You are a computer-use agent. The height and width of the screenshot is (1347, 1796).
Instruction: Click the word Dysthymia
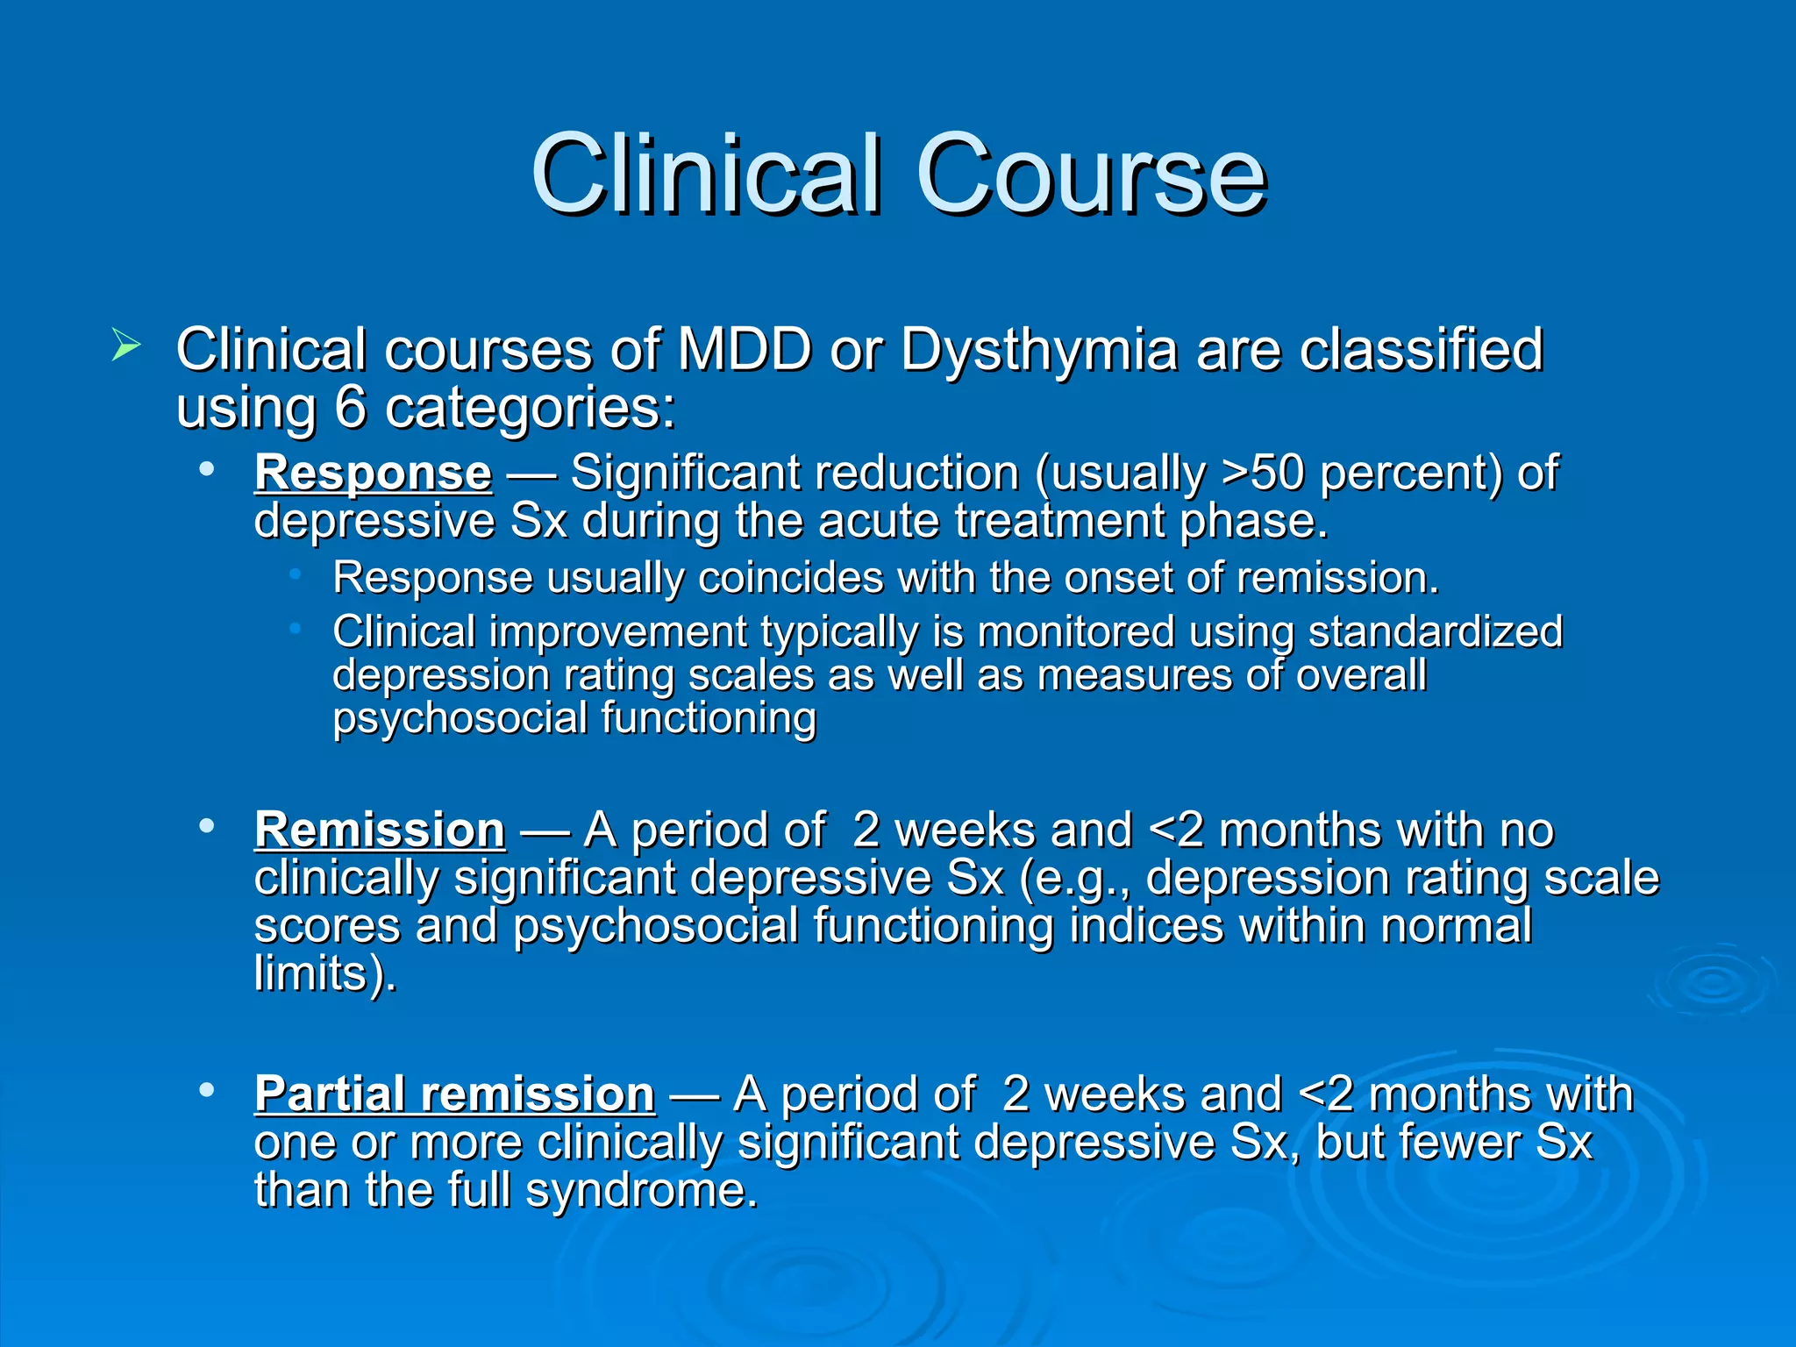click(1039, 351)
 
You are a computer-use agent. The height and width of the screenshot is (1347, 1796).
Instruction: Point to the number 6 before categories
click(350, 407)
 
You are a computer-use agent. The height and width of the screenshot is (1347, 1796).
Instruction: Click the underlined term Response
click(373, 474)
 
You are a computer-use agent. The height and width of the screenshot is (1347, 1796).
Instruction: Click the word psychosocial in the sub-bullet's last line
click(460, 718)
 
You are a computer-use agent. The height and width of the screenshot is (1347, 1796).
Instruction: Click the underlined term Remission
click(379, 830)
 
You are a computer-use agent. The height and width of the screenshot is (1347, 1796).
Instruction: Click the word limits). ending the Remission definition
click(324, 973)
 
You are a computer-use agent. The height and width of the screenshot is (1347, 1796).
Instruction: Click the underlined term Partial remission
click(454, 1094)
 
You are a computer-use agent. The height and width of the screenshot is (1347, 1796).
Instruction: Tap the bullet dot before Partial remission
click(207, 1090)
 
